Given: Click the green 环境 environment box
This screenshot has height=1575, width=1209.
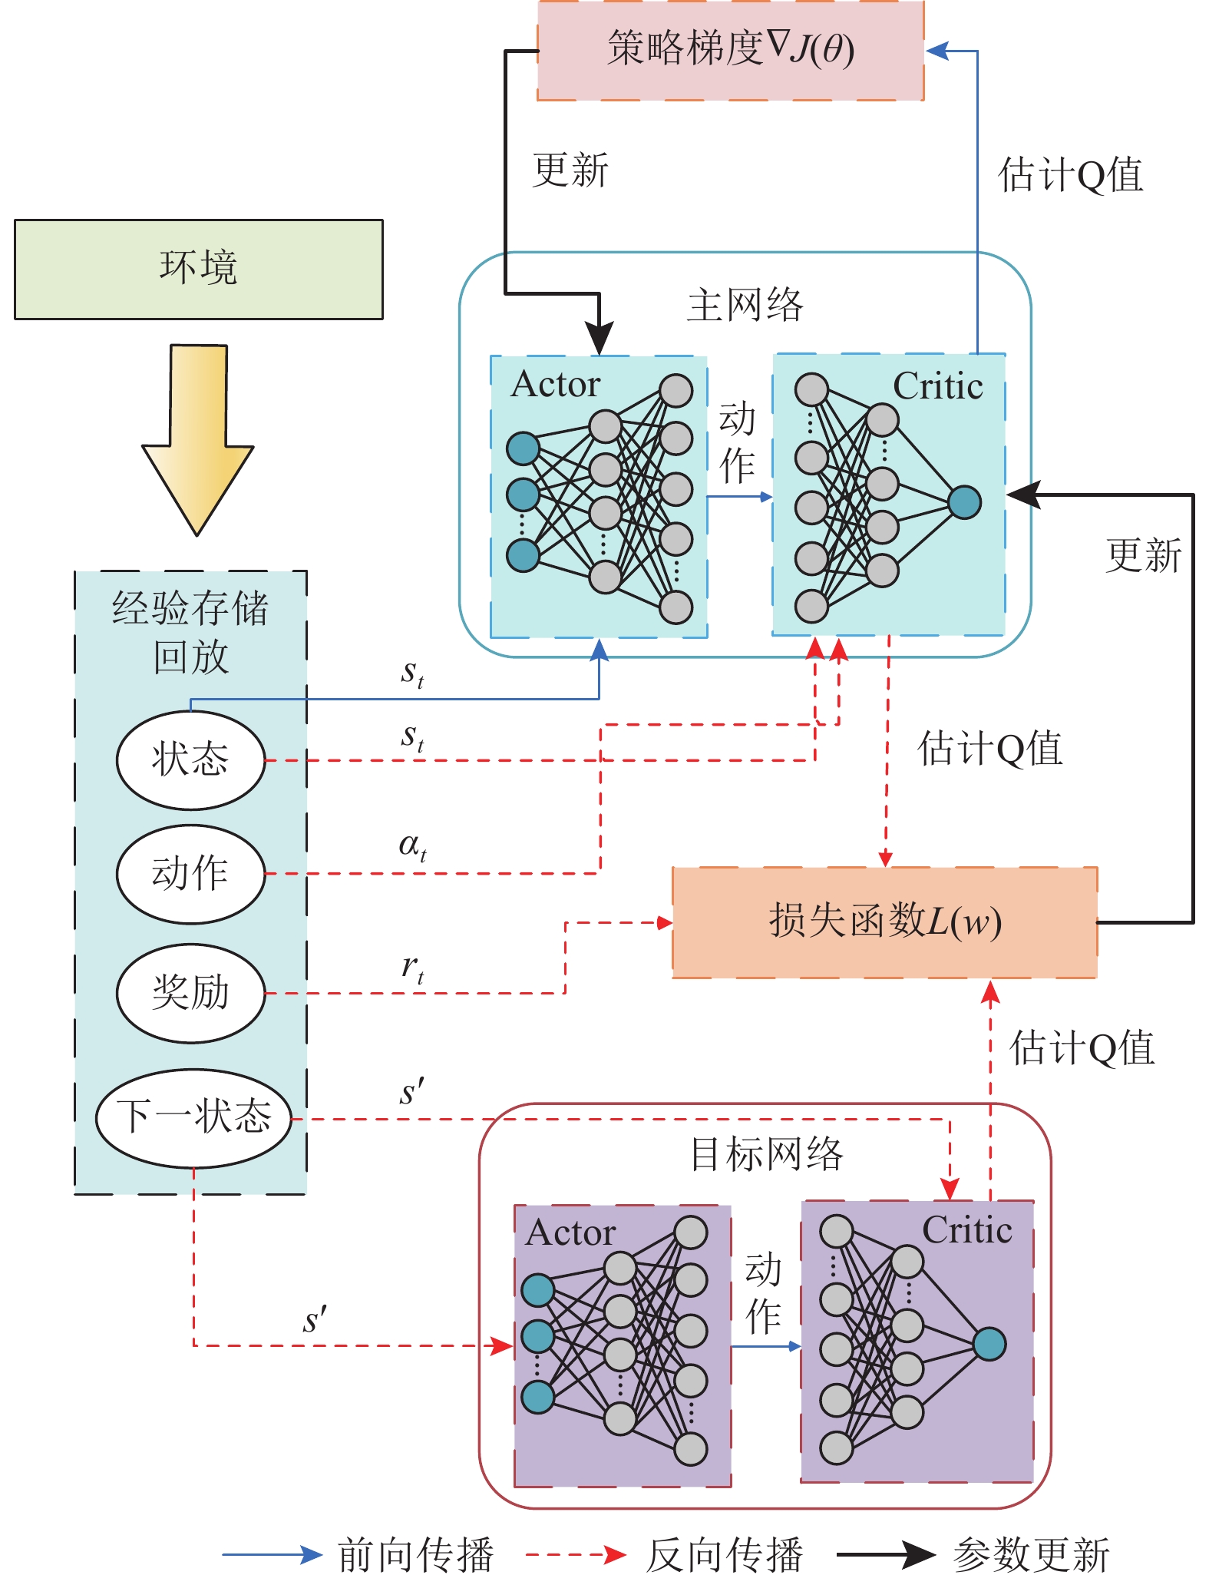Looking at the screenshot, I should pyautogui.click(x=198, y=269).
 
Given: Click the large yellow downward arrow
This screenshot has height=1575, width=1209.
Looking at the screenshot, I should pyautogui.click(x=198, y=438).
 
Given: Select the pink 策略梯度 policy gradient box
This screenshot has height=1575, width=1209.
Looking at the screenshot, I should pyautogui.click(x=729, y=50).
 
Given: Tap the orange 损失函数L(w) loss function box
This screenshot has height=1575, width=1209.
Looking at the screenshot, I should pyautogui.click(x=884, y=922).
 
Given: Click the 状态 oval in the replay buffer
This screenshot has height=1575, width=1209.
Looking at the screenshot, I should pyautogui.click(x=190, y=759).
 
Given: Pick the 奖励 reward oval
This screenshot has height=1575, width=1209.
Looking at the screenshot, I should pyautogui.click(x=190, y=992).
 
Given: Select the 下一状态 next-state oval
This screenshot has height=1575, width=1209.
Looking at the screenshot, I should pyautogui.click(x=193, y=1117).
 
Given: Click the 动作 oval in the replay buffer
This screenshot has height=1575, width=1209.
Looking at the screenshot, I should pyautogui.click(x=190, y=873).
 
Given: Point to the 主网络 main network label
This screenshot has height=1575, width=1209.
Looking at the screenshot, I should pyautogui.click(x=744, y=306).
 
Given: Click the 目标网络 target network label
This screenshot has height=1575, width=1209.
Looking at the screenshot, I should pyautogui.click(x=765, y=1154).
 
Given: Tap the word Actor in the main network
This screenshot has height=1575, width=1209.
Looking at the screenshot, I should pyautogui.click(x=555, y=384).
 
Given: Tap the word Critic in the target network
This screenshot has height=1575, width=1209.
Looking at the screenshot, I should pyautogui.click(x=966, y=1230).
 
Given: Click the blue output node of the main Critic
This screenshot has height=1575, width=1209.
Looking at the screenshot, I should pyautogui.click(x=964, y=502).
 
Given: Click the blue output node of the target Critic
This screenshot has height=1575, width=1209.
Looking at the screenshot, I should pyautogui.click(x=989, y=1344).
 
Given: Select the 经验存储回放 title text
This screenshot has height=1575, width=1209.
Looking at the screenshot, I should pyautogui.click(x=190, y=631).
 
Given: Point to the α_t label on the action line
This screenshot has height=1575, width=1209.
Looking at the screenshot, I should pyautogui.click(x=412, y=846).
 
